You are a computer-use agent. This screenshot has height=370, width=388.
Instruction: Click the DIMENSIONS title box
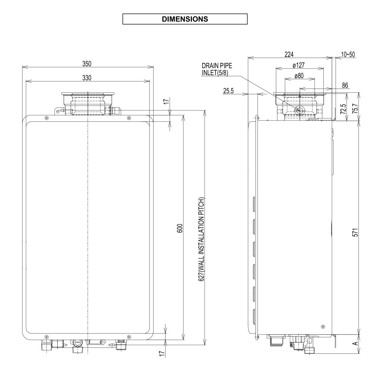pos(185,19)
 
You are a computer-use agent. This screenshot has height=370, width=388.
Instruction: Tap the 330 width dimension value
pos(86,78)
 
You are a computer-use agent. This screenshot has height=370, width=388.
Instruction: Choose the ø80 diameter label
pos(299,76)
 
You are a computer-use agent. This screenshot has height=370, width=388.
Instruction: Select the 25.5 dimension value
pos(229,90)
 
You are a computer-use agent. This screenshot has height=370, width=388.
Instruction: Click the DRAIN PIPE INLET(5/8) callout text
pos(217,69)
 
